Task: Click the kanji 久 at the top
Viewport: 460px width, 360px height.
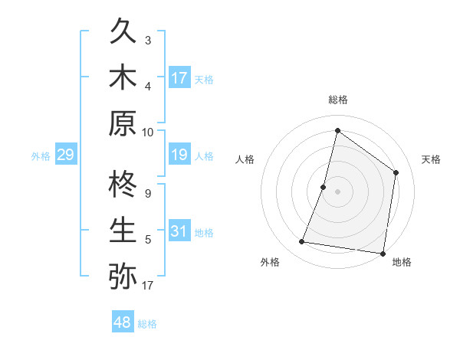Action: pos(123,32)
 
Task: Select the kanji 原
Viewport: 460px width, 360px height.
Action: pos(123,123)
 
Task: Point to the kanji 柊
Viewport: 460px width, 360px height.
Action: pos(123,186)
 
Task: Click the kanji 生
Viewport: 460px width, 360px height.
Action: pos(123,230)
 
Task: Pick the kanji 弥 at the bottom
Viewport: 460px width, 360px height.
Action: pos(123,275)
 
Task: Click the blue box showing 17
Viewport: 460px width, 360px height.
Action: pos(179,77)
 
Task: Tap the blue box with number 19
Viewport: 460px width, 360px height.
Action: pos(179,155)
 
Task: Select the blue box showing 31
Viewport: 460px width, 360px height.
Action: pos(179,231)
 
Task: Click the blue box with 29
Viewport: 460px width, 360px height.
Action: pos(65,155)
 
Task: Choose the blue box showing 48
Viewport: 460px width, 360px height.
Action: pos(123,322)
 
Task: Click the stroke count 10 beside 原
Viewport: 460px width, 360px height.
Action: pos(148,132)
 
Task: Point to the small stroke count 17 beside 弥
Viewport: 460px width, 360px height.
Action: pos(148,286)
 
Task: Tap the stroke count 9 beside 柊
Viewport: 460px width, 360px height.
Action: pos(148,194)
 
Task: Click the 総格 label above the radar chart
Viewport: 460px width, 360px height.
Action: pos(338,100)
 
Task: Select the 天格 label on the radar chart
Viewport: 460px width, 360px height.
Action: pos(432,159)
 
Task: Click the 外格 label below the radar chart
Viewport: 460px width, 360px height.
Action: pos(270,262)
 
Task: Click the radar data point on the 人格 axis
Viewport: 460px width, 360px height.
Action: pos(324,187)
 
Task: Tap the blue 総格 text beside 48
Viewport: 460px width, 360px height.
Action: pos(147,324)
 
